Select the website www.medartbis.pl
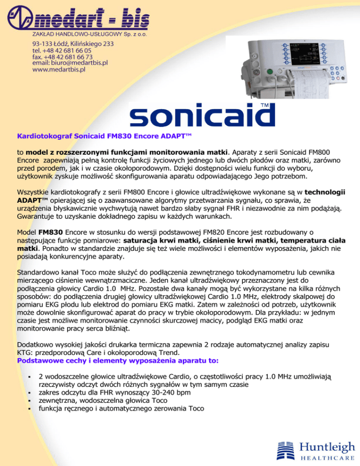pyautogui.click(x=59, y=70)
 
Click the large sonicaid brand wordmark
pyautogui.click(x=195, y=116)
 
